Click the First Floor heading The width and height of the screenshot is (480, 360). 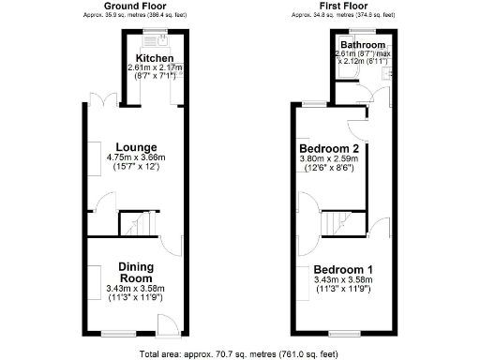point(344,7)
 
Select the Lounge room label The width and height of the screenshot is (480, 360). point(135,146)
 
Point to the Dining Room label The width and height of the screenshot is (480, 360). point(135,272)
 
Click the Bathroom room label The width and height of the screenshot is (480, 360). point(362,45)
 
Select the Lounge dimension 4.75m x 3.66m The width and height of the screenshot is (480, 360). point(135,157)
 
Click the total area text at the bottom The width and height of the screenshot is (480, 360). point(239,353)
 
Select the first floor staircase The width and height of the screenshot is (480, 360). point(333,224)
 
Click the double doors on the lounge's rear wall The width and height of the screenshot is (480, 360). point(100,99)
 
